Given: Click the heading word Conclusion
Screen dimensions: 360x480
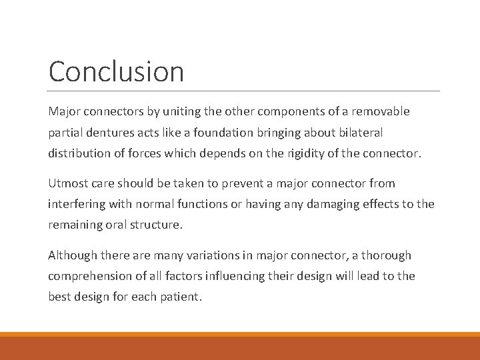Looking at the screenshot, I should (x=116, y=72).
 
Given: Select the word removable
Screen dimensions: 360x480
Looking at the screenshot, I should (x=383, y=111).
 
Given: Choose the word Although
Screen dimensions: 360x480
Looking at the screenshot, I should (x=72, y=255).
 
